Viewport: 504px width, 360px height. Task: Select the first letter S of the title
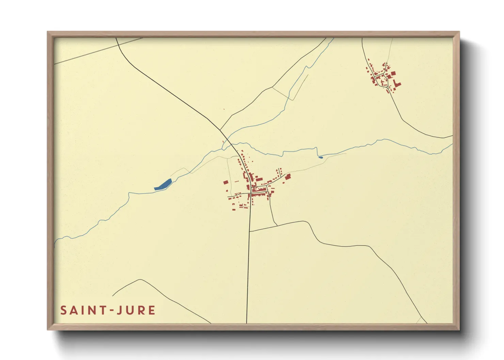pos(63,310)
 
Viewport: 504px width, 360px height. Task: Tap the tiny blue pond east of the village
pos(320,157)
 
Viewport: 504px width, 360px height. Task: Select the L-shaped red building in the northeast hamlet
pos(397,84)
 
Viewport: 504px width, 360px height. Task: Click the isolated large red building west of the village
pos(225,182)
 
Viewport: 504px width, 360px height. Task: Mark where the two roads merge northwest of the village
pos(220,130)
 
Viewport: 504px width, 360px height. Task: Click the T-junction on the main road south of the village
pos(250,231)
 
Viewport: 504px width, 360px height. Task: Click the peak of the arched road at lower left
pos(140,280)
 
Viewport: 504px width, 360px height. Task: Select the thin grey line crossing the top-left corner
pos(99,51)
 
